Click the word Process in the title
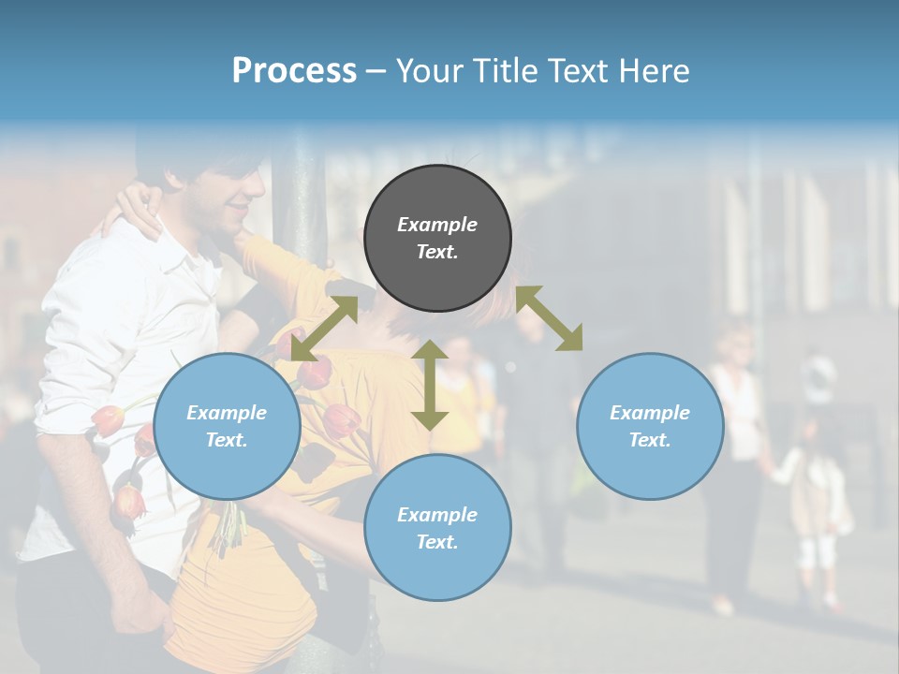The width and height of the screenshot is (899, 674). (294, 71)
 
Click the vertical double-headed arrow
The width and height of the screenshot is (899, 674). (430, 385)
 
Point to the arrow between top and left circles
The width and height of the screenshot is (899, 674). (324, 328)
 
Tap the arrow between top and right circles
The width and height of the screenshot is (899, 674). (549, 318)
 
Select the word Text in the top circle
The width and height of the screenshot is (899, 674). (437, 252)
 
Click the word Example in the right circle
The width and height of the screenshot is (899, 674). (650, 412)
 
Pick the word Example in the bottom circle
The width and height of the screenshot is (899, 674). (437, 514)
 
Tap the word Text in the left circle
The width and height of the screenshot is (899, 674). (227, 440)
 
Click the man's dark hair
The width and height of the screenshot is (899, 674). (201, 159)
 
